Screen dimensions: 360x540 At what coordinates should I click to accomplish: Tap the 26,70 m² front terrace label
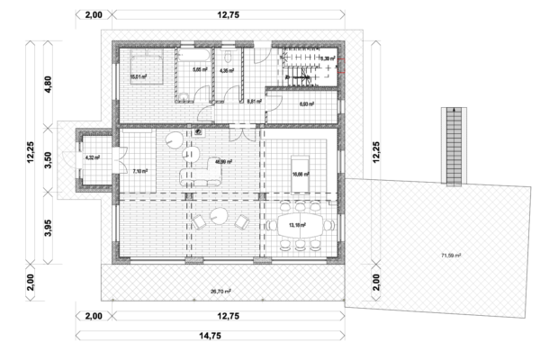pyautogui.click(x=220, y=292)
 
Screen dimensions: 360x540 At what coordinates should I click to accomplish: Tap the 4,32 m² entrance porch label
pyautogui.click(x=91, y=158)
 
